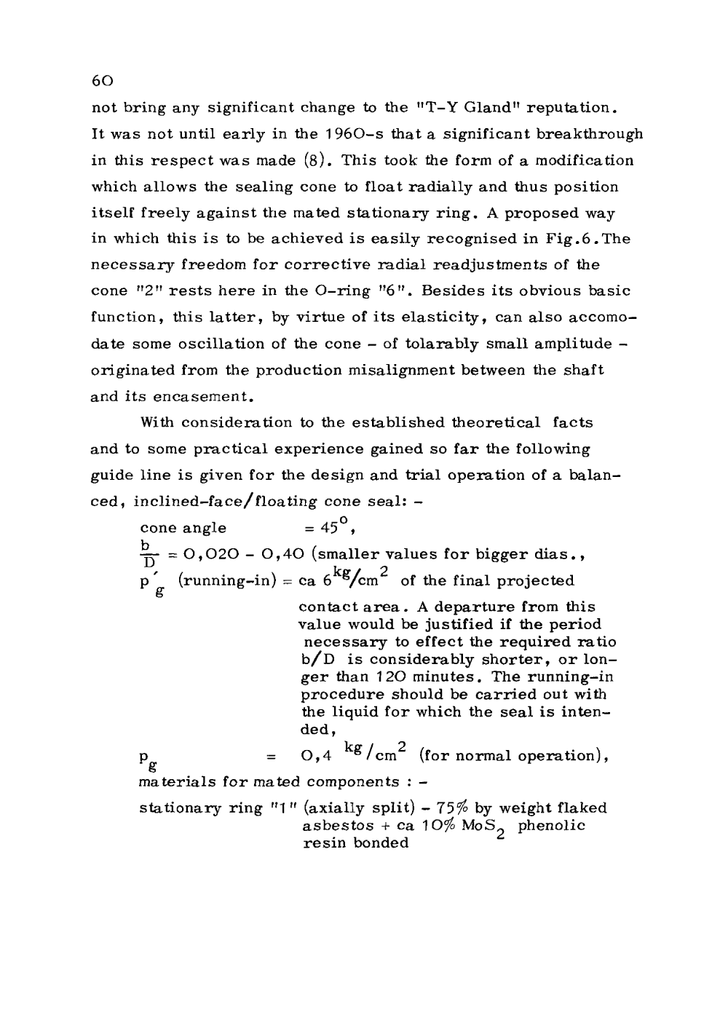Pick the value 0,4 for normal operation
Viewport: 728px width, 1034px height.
pos(316,756)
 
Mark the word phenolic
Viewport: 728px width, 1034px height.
pos(552,825)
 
